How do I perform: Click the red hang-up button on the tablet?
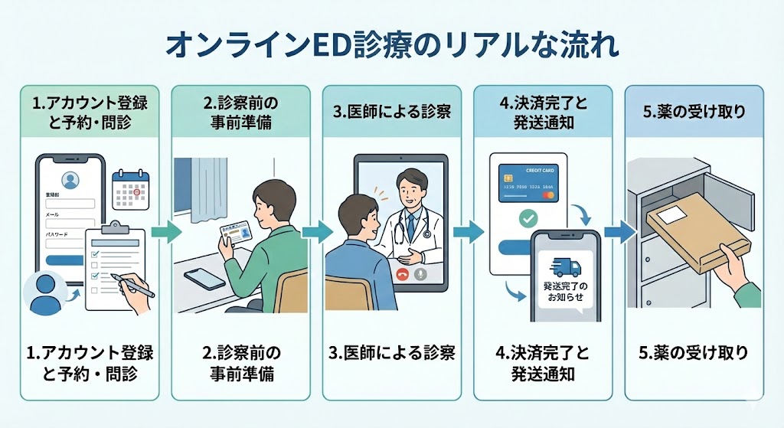tap(400, 273)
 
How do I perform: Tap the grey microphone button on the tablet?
tap(420, 273)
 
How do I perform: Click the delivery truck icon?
tap(567, 268)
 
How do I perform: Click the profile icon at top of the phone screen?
tap(70, 181)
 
